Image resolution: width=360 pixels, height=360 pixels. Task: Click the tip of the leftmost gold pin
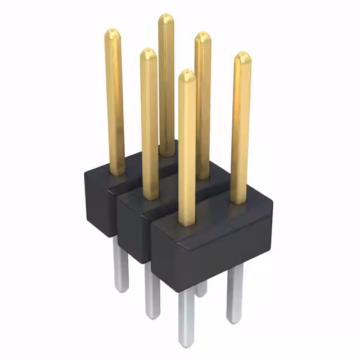[113, 31]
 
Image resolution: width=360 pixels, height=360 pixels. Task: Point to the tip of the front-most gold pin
[187, 73]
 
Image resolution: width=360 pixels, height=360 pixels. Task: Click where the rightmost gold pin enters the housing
[238, 201]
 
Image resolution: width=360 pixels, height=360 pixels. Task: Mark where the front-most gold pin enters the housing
[187, 223]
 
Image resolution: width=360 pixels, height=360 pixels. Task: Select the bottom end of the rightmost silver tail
[235, 321]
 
